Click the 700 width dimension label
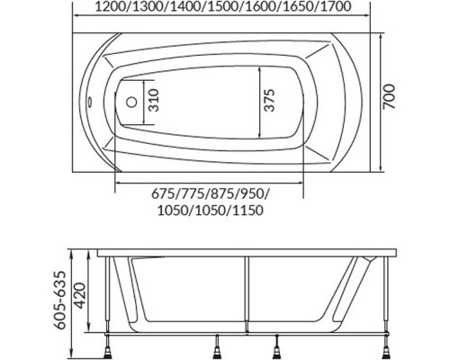[x=390, y=96]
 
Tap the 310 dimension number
[x=154, y=100]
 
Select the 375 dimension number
[x=269, y=100]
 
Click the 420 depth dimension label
[x=79, y=295]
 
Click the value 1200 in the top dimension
[x=110, y=6]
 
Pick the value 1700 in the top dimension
[x=336, y=6]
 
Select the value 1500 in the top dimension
[x=222, y=6]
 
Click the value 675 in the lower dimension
[x=162, y=193]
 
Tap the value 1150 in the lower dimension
[x=247, y=211]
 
